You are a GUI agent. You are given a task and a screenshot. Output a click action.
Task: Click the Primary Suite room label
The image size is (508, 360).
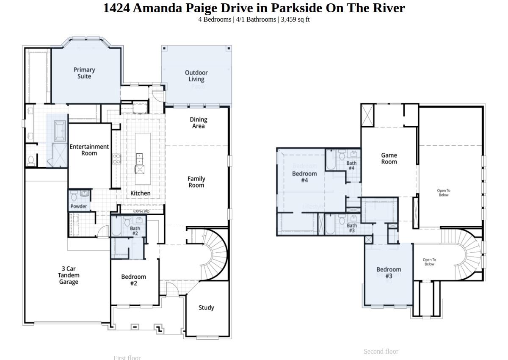pyautogui.click(x=84, y=73)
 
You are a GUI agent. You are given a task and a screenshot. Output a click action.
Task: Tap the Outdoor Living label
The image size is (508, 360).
pyautogui.click(x=196, y=76)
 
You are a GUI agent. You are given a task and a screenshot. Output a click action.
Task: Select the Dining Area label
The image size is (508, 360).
pyautogui.click(x=198, y=122)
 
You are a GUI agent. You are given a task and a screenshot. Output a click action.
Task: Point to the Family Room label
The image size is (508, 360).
pyautogui.click(x=196, y=182)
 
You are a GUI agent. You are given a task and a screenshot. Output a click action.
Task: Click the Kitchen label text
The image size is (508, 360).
pyautogui.click(x=140, y=193)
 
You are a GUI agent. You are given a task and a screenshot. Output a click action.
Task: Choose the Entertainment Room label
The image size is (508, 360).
pyautogui.click(x=89, y=150)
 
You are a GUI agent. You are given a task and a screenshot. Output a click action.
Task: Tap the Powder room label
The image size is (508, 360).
pyautogui.click(x=79, y=206)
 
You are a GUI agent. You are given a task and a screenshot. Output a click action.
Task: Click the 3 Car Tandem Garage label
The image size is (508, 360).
pyautogui.click(x=69, y=275)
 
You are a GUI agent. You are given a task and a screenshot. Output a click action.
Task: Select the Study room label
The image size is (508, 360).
pyautogui.click(x=206, y=307)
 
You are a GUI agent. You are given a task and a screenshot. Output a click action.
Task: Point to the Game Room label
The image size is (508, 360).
pyautogui.click(x=389, y=158)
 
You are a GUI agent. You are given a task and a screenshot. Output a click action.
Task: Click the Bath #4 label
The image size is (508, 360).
pyautogui.click(x=351, y=165)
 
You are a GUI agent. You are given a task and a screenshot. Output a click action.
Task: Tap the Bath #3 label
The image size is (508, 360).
pyautogui.click(x=351, y=228)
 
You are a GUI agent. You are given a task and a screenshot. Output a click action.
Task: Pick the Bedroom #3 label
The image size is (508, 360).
pyautogui.click(x=389, y=272)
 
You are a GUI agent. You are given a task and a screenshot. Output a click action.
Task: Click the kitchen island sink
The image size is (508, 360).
pyautogui.click(x=140, y=169)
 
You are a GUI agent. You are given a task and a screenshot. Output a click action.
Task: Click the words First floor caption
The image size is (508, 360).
pyautogui.click(x=127, y=357)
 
